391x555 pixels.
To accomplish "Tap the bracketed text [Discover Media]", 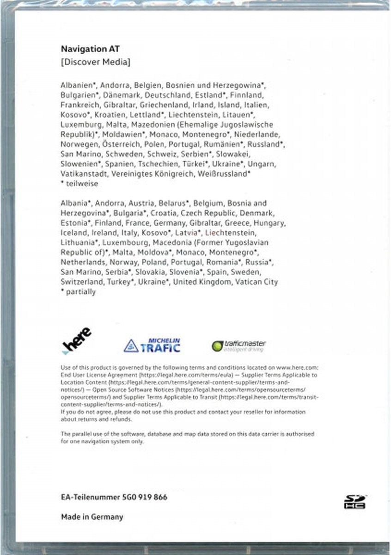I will pos(95,62).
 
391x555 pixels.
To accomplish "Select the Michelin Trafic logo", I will pos(152,345).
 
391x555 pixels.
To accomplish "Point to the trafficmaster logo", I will pos(239,345).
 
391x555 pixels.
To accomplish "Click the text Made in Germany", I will pos(92,517).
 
